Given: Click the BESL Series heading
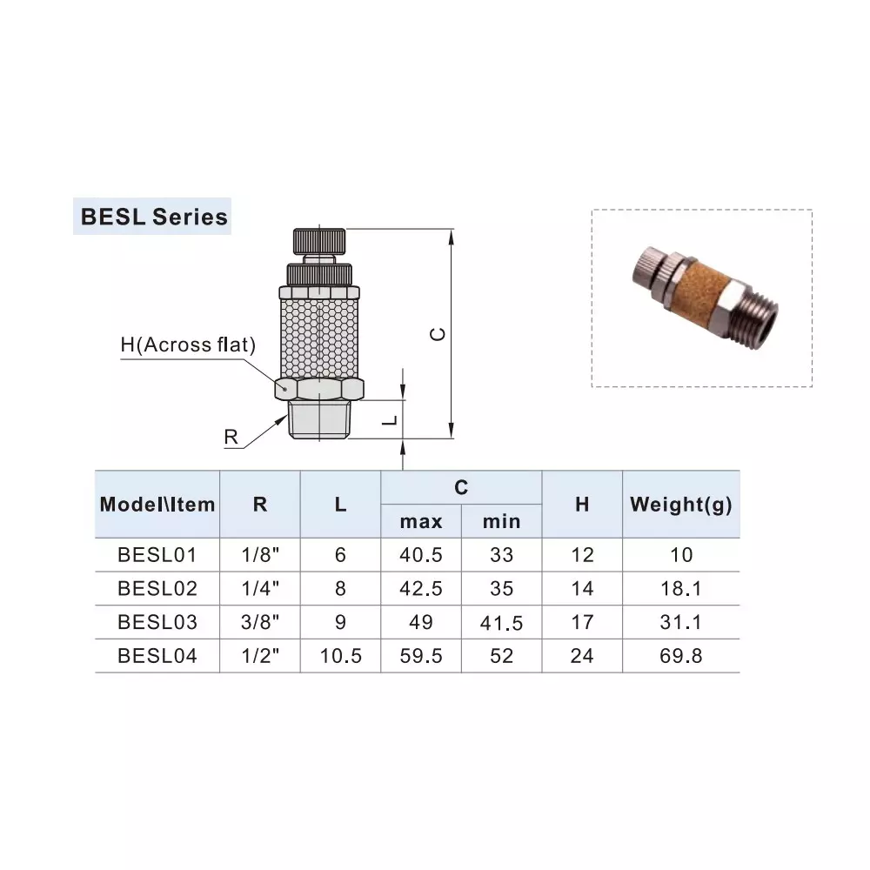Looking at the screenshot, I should click(x=154, y=216).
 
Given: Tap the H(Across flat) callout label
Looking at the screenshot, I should click(x=188, y=345).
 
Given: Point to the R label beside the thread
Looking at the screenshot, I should click(x=231, y=437).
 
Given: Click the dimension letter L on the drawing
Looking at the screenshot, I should click(x=391, y=419).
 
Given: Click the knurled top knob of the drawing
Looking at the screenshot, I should click(x=318, y=238).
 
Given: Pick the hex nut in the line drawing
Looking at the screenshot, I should click(x=318, y=388).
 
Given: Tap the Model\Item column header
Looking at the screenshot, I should click(x=157, y=505).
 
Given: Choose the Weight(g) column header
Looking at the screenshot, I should click(x=680, y=505).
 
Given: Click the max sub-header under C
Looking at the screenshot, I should click(x=421, y=521).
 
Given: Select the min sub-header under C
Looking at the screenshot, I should click(x=501, y=521).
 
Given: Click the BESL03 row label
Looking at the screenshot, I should click(x=157, y=622).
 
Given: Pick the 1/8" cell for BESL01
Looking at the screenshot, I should click(x=260, y=555).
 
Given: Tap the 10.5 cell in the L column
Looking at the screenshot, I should click(x=340, y=656).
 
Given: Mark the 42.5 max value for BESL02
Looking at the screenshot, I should click(x=421, y=589).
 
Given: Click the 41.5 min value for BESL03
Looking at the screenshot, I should click(x=501, y=623).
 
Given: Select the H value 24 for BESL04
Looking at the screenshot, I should click(x=582, y=656).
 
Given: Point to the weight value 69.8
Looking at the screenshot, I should click(x=680, y=656).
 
